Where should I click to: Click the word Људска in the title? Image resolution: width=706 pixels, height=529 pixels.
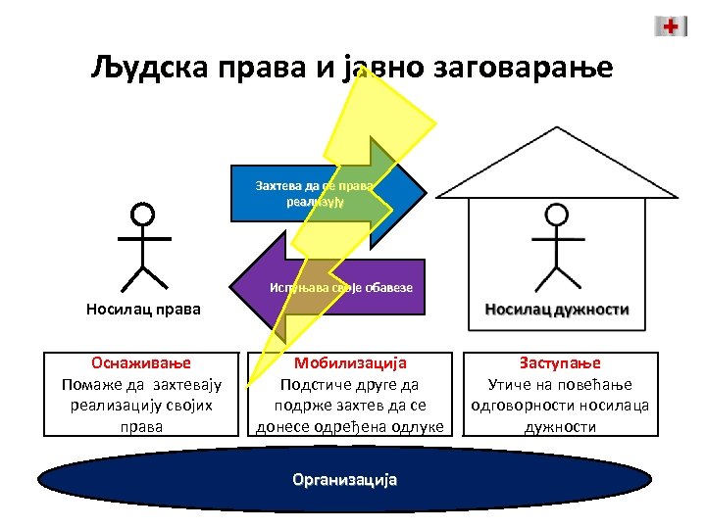tap(143, 69)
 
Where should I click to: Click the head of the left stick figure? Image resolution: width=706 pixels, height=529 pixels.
tap(143, 215)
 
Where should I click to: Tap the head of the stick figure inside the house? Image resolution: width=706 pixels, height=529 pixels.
tap(557, 215)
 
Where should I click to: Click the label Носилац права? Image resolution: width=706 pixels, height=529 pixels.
tap(143, 311)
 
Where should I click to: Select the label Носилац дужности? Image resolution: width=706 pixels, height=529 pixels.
tap(557, 309)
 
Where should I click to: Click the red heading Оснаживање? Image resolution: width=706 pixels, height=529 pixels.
tap(142, 362)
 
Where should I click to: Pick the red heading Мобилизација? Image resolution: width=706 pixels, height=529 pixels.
tap(350, 362)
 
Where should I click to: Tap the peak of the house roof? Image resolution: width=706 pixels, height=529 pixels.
tap(556, 129)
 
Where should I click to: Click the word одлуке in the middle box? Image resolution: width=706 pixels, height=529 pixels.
tap(419, 426)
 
